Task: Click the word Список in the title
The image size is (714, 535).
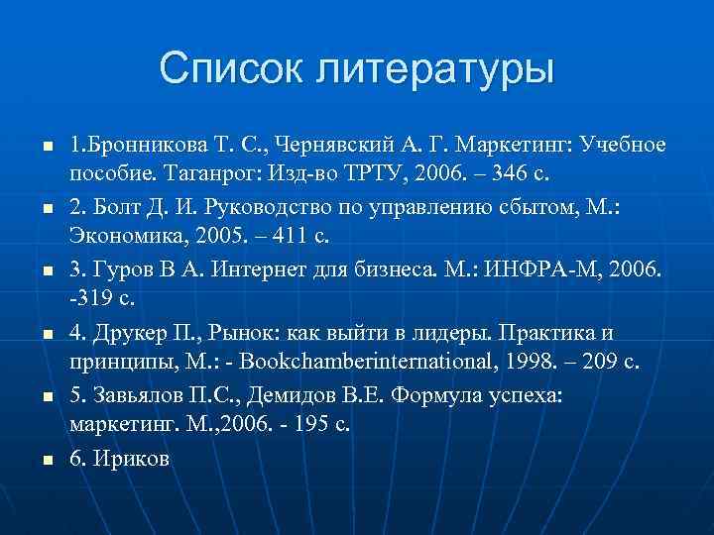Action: click(230, 70)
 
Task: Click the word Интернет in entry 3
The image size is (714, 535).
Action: click(226, 270)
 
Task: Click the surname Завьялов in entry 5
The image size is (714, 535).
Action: click(134, 395)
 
